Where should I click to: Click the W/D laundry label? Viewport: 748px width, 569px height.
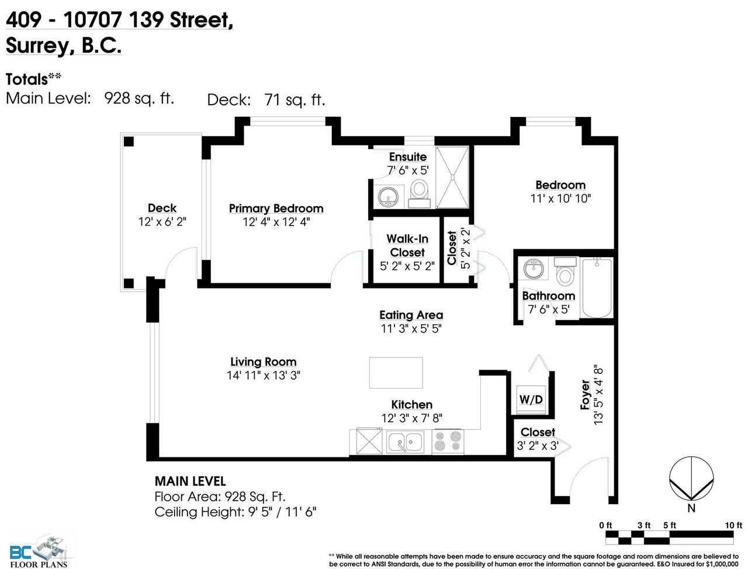pyautogui.click(x=531, y=399)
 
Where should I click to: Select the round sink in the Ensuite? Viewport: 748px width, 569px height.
pyautogui.click(x=388, y=196)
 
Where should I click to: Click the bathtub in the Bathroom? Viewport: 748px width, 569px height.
pyautogui.click(x=597, y=288)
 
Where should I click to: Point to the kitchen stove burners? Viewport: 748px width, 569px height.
pyautogui.click(x=448, y=441)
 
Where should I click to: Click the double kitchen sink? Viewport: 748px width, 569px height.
pyautogui.click(x=405, y=442)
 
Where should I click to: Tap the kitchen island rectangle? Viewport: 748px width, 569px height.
pyautogui.click(x=396, y=373)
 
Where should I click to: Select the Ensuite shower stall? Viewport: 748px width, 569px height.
pyautogui.click(x=452, y=177)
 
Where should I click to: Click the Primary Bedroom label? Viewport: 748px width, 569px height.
pyautogui.click(x=276, y=209)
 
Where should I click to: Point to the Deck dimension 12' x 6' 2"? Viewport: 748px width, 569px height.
pyautogui.click(x=162, y=221)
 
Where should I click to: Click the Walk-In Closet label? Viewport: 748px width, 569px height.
pyautogui.click(x=407, y=245)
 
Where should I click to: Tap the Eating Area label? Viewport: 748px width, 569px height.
pyautogui.click(x=411, y=315)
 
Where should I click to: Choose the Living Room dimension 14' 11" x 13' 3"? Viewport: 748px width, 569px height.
pyautogui.click(x=264, y=375)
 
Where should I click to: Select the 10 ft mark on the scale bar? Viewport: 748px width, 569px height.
pyautogui.click(x=733, y=525)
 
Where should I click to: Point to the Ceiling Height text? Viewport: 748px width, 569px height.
pyautogui.click(x=235, y=512)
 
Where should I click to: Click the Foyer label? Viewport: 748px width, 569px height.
pyautogui.click(x=585, y=395)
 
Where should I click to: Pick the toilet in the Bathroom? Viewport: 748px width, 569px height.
pyautogui.click(x=565, y=272)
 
